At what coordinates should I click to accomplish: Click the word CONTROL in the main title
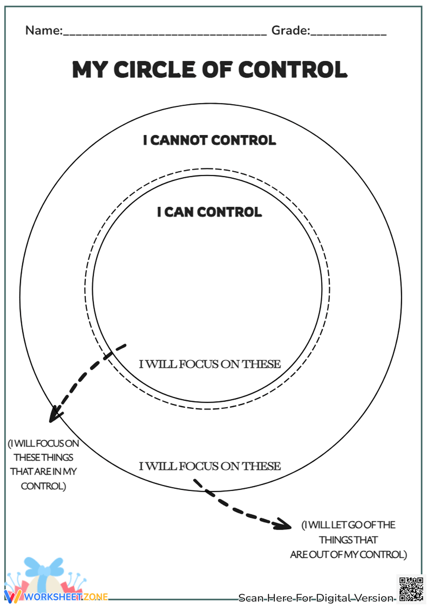[292, 70]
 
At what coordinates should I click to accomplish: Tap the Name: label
[44, 30]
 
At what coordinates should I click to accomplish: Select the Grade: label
[291, 30]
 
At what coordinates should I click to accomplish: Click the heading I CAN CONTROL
[209, 212]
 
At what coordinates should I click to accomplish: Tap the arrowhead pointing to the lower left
[55, 415]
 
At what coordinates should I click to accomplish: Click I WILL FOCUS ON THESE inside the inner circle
[210, 364]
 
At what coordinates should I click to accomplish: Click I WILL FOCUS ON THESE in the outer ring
[210, 466]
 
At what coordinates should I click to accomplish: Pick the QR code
[411, 589]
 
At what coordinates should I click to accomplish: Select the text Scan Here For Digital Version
[316, 598]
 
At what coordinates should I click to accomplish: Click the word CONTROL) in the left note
[43, 486]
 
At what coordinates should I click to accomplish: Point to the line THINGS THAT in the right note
[348, 540]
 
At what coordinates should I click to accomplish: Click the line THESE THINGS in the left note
[43, 458]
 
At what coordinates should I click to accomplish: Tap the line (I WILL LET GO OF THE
[348, 525]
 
